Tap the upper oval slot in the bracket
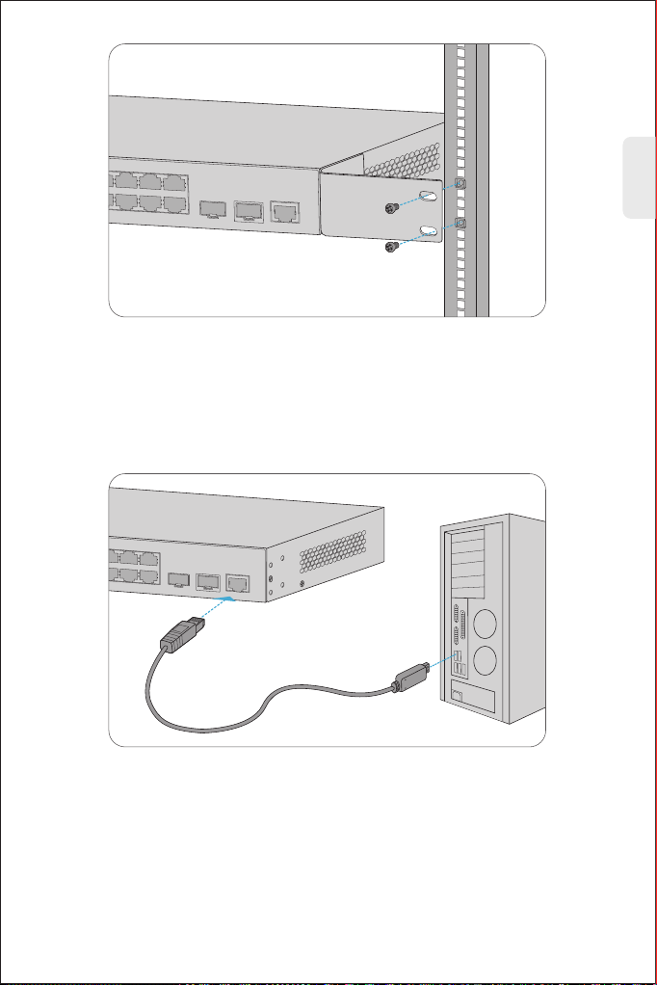tap(430, 195)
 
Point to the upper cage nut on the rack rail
tap(461, 183)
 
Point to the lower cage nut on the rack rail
tap(461, 223)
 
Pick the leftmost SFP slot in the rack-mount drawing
tap(210, 209)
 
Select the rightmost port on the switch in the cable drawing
tap(235, 582)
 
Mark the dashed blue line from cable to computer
tap(439, 666)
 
